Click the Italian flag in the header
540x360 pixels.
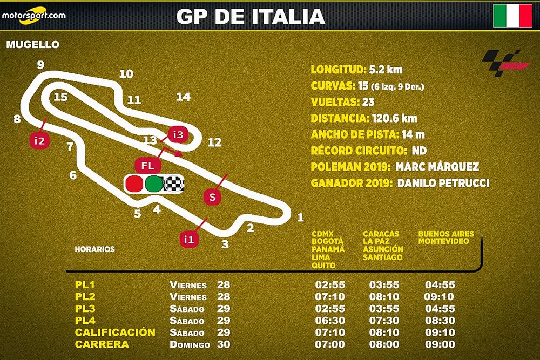pyautogui.click(x=512, y=16)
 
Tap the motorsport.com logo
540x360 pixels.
pyautogui.click(x=33, y=16)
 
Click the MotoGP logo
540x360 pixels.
pyautogui.click(x=505, y=63)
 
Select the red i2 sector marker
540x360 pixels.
pyautogui.click(x=39, y=141)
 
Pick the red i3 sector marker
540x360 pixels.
pyautogui.click(x=178, y=134)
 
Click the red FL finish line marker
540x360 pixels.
pyautogui.click(x=147, y=165)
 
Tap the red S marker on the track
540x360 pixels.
pyautogui.click(x=213, y=198)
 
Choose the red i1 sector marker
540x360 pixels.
pyautogui.click(x=188, y=238)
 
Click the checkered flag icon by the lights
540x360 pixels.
pyautogui.click(x=174, y=184)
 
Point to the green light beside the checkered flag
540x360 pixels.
pyautogui.click(x=154, y=184)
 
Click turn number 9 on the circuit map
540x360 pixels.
pyautogui.click(x=40, y=65)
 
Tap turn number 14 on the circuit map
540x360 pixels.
pyautogui.click(x=183, y=97)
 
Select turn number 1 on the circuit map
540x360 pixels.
pyautogui.click(x=300, y=218)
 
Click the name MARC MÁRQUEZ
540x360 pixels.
pyautogui.click(x=437, y=167)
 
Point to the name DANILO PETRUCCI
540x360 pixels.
pyautogui.click(x=443, y=184)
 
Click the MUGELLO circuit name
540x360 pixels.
pyautogui.click(x=32, y=45)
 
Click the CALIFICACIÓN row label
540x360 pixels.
pyautogui.click(x=115, y=332)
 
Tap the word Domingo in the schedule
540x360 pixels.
pyautogui.click(x=188, y=344)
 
